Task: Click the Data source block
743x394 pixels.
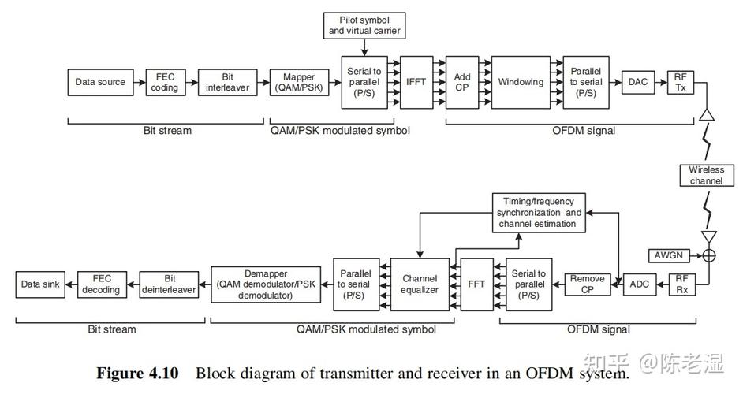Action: coord(100,82)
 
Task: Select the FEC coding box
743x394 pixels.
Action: coord(165,82)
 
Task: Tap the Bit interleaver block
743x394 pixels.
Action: coord(228,82)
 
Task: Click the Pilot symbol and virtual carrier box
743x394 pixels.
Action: coord(364,25)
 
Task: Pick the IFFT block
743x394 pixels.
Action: coord(416,82)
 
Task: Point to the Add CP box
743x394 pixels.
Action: coord(462,82)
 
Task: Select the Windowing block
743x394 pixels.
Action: coord(521,82)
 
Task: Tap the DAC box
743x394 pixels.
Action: coord(637,82)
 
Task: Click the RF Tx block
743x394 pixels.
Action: coord(680,82)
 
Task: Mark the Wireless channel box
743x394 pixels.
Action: coord(705,175)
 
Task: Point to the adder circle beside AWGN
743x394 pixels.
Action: coord(708,255)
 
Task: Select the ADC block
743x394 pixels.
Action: coord(637,284)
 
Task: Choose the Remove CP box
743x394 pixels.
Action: coord(588,284)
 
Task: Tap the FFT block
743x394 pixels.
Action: coord(476,284)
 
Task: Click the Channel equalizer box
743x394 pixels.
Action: coord(420,284)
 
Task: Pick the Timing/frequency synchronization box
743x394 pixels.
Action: coord(540,213)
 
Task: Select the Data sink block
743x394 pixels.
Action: coord(41,284)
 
